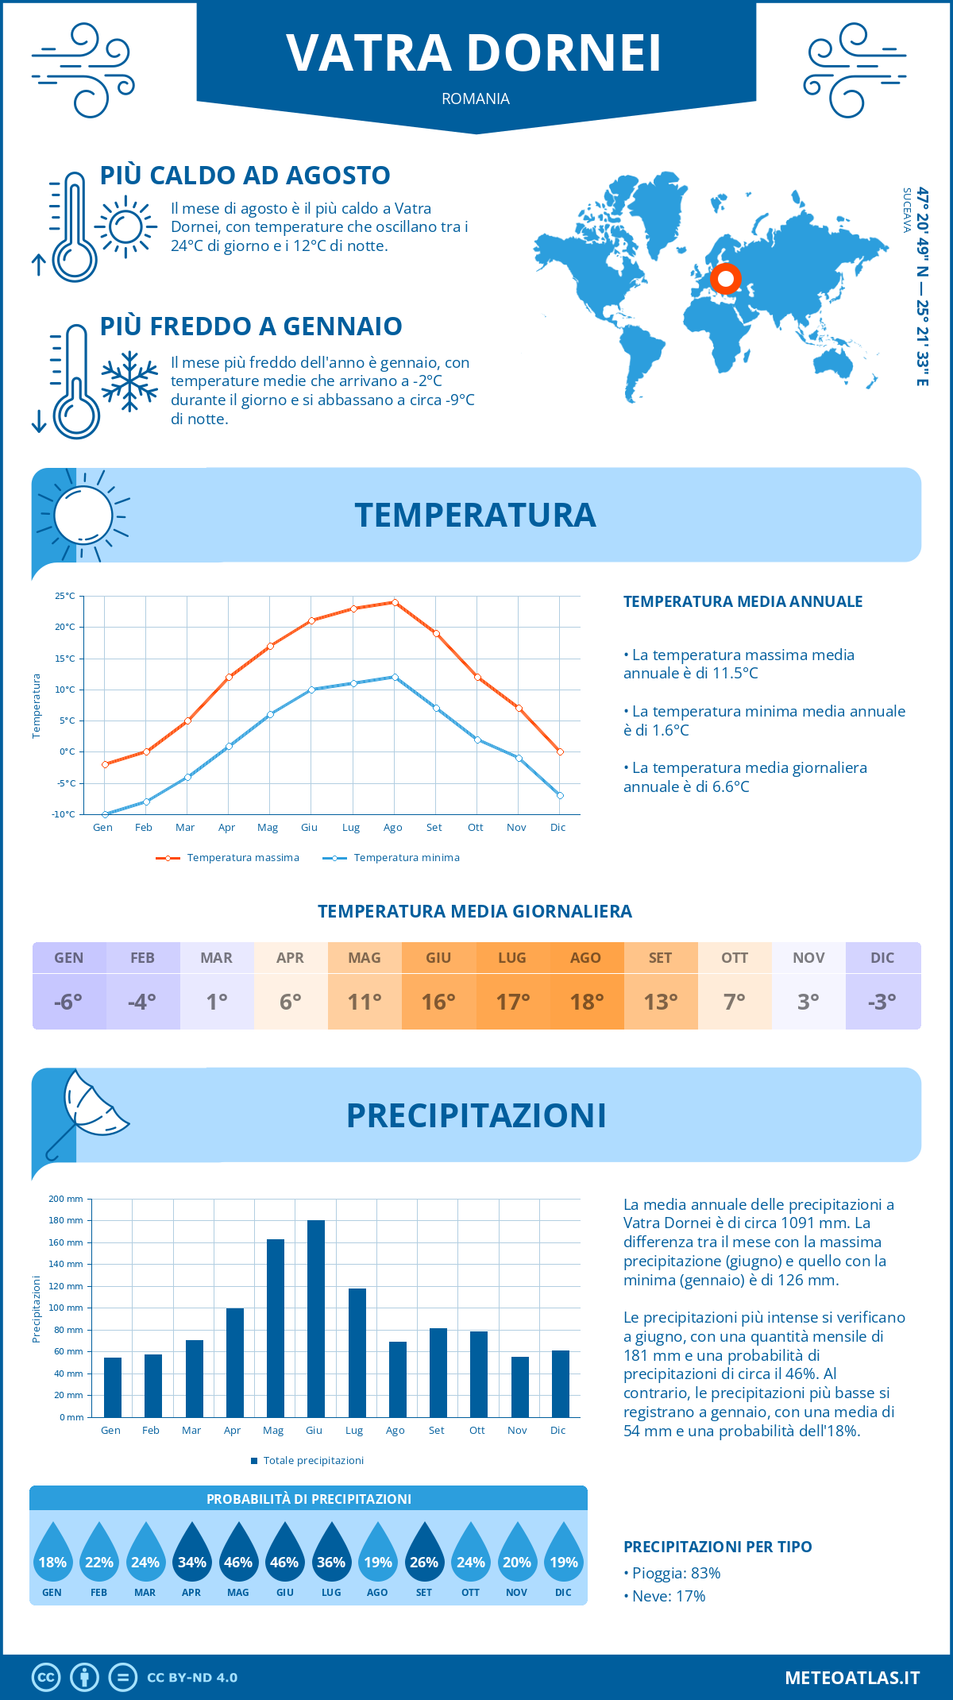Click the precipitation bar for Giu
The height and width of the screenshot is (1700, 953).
click(315, 1319)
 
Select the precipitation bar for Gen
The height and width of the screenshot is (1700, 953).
click(113, 1387)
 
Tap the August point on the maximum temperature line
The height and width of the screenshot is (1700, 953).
click(395, 602)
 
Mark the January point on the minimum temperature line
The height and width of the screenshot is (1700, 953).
click(105, 814)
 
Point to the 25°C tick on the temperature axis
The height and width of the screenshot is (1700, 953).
click(65, 596)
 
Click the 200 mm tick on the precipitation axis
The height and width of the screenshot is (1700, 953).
click(66, 1199)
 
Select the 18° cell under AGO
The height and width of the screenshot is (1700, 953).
click(587, 1002)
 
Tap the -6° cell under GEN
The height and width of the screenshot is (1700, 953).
click(68, 1002)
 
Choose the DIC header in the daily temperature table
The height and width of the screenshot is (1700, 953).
click(882, 958)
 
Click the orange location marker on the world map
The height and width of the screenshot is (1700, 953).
click(725, 279)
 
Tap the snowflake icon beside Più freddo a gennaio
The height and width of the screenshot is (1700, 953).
click(129, 381)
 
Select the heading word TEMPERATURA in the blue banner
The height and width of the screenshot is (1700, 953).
click(475, 515)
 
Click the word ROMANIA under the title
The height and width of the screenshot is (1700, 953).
click(476, 99)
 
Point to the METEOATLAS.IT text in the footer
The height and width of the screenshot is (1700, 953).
click(852, 1678)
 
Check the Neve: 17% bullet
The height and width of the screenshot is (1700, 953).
click(665, 1596)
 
